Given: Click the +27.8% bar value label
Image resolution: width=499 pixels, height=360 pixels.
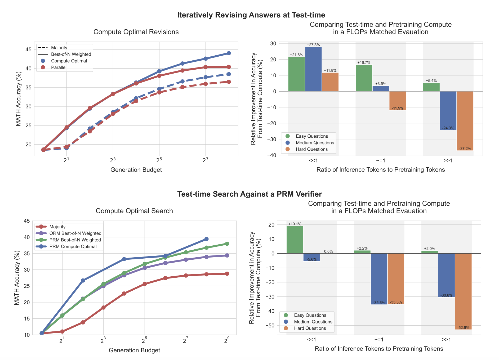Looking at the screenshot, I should tap(313, 45).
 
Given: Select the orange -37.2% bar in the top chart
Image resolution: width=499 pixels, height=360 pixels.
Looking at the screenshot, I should tap(465, 121).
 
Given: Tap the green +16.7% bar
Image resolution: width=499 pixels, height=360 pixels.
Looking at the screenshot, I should tap(364, 78).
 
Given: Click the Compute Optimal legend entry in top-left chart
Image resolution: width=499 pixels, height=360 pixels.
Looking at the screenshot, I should tap(69, 61).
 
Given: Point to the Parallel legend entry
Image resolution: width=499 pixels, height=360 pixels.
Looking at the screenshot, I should tap(59, 67).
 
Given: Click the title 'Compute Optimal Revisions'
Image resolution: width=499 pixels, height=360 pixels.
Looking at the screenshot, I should tap(136, 32).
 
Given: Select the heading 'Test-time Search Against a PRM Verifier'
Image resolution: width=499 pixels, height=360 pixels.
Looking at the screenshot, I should tap(249, 194).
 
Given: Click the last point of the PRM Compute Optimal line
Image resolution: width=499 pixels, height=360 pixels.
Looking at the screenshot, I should tap(206, 239).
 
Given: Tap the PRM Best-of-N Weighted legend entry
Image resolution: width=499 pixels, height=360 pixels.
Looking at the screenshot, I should tap(75, 240).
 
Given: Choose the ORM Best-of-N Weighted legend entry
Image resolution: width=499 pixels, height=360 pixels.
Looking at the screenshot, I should tap(75, 233).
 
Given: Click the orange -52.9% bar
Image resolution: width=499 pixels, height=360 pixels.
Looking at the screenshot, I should tap(463, 291).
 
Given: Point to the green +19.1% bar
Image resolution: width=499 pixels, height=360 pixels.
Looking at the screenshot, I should tap(295, 240).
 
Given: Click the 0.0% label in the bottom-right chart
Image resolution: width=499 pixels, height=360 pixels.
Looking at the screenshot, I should tap(328, 251).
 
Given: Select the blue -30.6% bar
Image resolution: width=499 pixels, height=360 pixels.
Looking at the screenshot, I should tap(446, 275).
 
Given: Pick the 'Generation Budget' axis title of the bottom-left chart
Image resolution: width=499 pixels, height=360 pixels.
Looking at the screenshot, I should tap(134, 350).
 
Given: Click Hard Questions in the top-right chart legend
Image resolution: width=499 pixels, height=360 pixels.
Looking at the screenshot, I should tap(311, 149).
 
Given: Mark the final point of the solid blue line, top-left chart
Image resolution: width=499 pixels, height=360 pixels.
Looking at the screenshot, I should tap(229, 53).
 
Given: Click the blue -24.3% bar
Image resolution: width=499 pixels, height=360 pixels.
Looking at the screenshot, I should tap(448, 110).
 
